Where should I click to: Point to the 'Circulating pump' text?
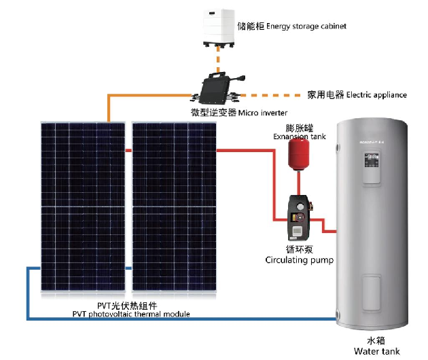pos(299,259)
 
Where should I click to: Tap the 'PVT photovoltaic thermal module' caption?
pos(131,314)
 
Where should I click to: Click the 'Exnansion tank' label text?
pos(300,137)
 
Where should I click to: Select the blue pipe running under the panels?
pos(170,318)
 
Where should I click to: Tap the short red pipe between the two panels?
pos(128,150)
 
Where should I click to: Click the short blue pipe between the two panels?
pos(128,268)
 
